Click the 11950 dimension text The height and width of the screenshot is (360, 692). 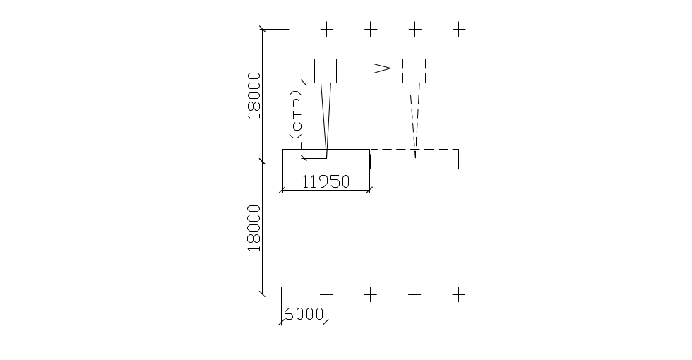click(326, 181)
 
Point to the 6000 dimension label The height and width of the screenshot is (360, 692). click(304, 313)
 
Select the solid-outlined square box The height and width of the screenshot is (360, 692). click(326, 70)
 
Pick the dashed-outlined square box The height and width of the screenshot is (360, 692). click(414, 71)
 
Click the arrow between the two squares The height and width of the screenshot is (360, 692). click(369, 68)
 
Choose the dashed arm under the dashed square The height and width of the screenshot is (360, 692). click(414, 116)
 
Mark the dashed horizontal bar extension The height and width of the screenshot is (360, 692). click(415, 152)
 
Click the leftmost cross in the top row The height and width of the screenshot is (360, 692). click(282, 29)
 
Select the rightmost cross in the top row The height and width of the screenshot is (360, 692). click(460, 29)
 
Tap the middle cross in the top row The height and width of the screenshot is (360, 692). click(371, 29)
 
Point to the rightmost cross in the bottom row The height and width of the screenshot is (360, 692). click(460, 294)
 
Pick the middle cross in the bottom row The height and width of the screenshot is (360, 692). click(371, 294)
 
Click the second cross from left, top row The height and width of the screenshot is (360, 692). click(326, 29)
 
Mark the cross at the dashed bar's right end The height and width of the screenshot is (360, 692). click(460, 162)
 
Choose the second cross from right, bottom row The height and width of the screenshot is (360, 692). click(415, 294)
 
